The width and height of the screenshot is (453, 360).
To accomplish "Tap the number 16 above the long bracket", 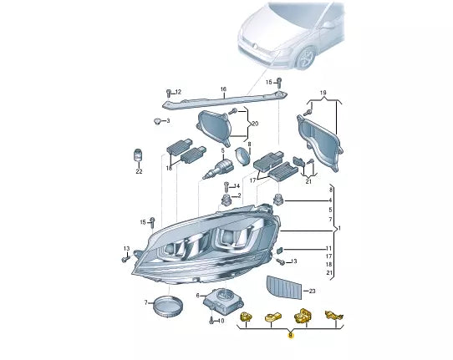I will pos(223,89).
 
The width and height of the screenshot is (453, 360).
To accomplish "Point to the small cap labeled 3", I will pos(156,122).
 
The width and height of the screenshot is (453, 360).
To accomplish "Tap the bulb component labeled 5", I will pos(220,170).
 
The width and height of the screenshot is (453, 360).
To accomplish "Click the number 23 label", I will pos(312,291).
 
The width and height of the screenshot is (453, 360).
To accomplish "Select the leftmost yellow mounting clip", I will pos(247,316).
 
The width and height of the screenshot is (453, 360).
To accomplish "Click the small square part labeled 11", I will pos(282,250).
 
